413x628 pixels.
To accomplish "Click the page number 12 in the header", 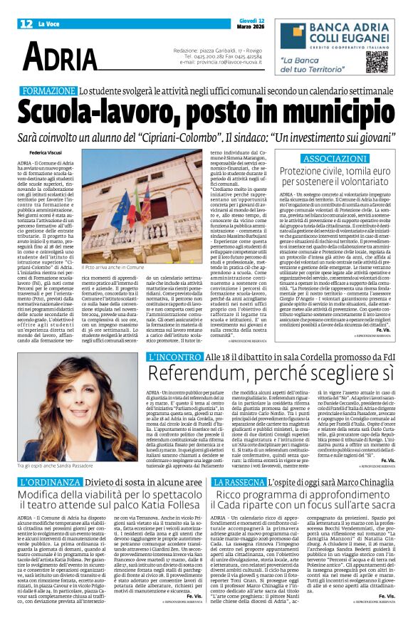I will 26,23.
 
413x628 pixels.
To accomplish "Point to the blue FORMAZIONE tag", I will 48,92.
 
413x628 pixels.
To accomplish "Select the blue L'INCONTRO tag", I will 174,357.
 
